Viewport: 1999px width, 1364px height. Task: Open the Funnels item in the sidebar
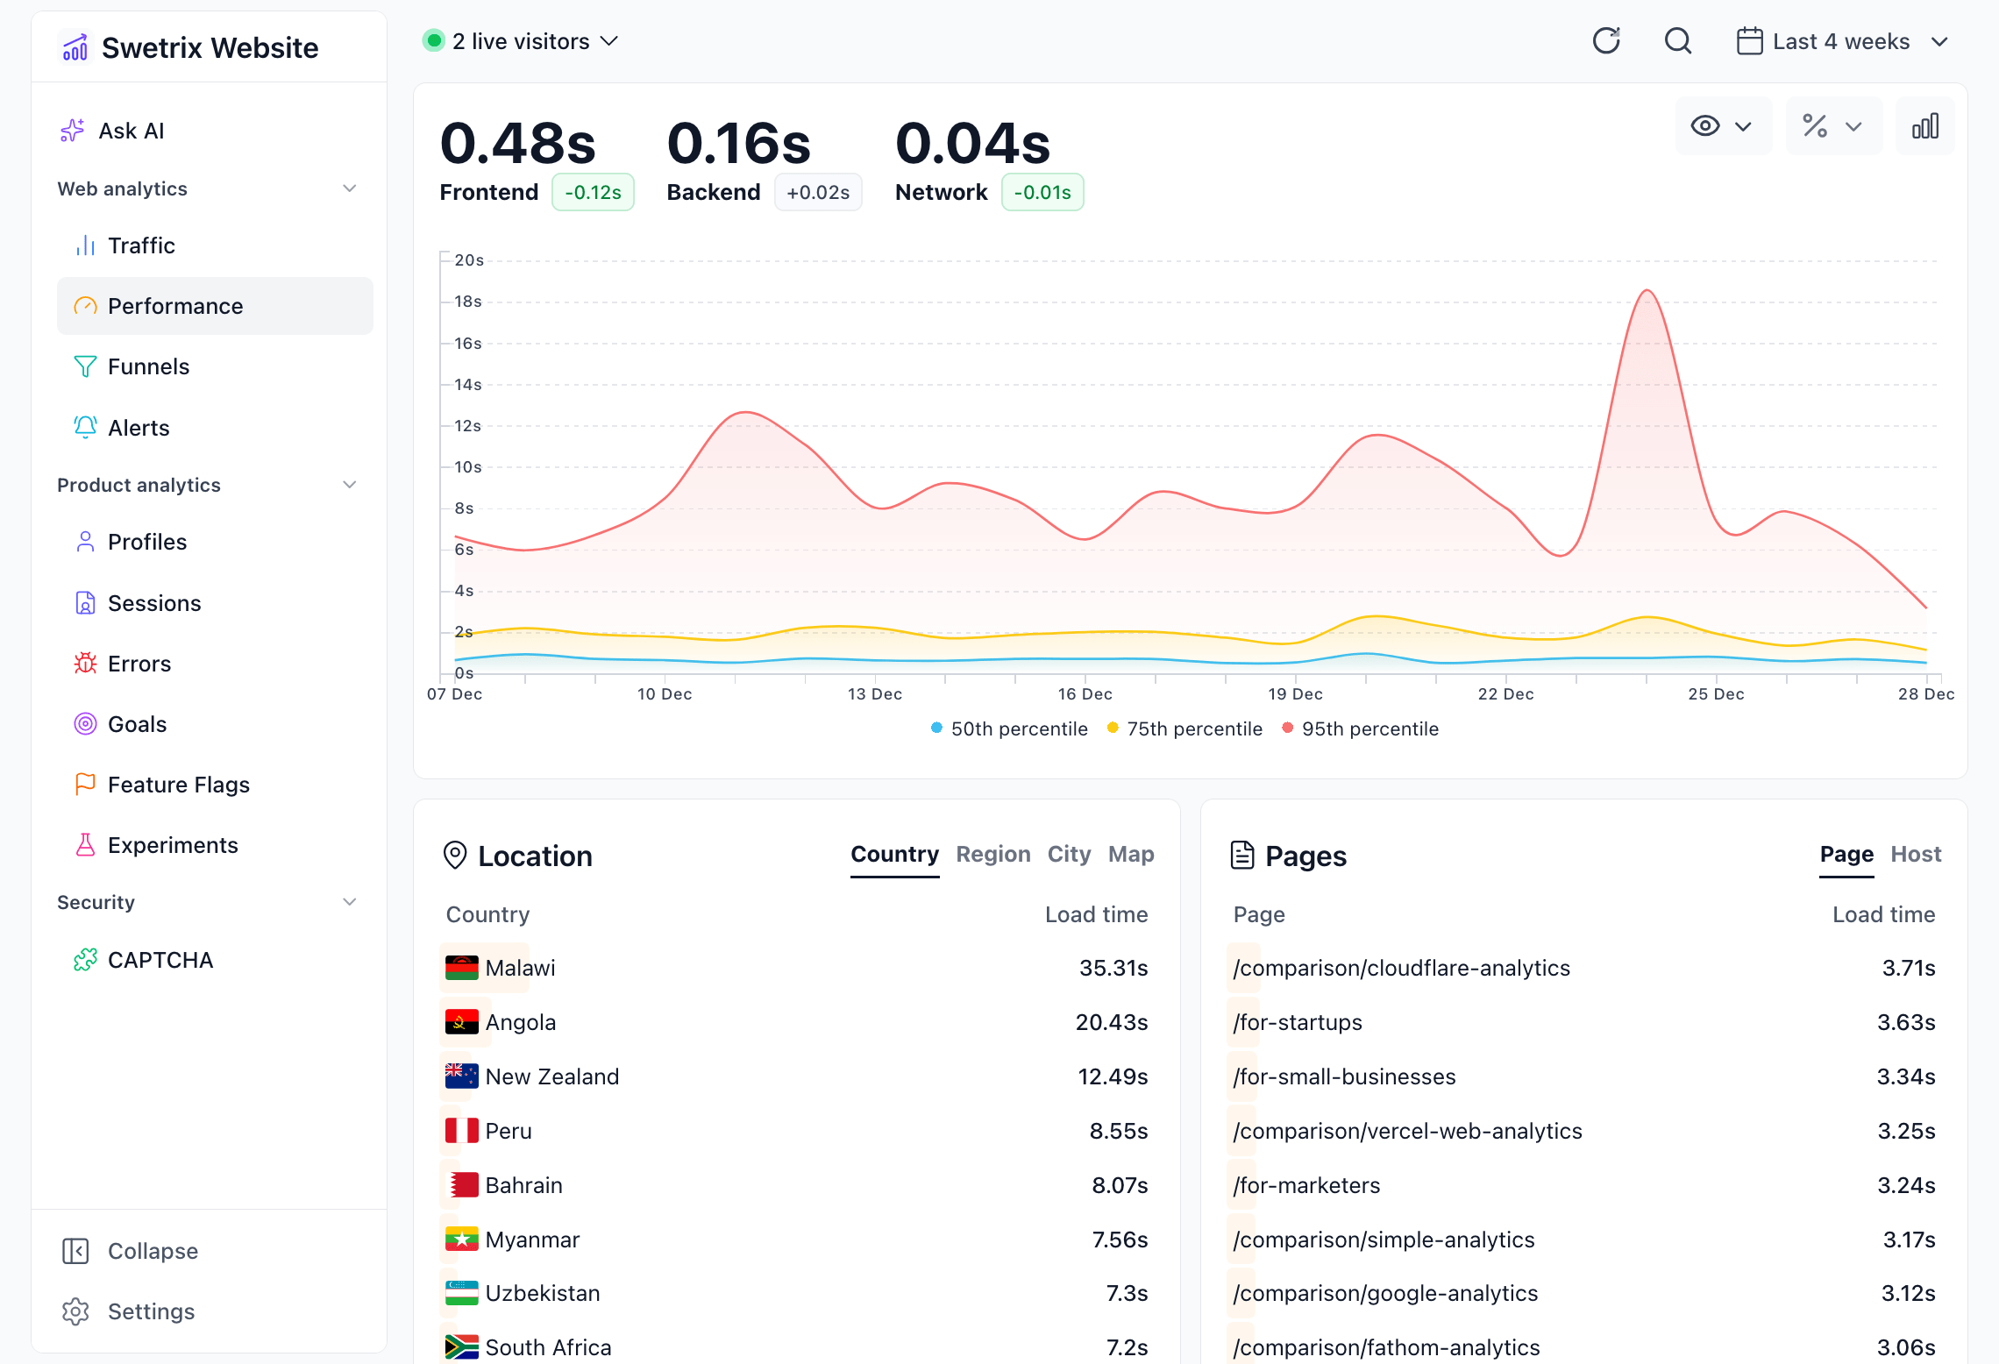click(x=147, y=366)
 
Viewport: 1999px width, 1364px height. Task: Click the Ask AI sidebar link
click(x=131, y=131)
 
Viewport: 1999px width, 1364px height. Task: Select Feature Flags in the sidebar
click(x=178, y=785)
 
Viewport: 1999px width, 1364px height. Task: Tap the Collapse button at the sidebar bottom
click(x=152, y=1251)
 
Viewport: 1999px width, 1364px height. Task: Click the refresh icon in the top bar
click(x=1606, y=41)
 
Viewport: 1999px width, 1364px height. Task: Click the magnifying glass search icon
click(x=1677, y=41)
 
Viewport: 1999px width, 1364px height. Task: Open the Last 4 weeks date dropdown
click(x=1841, y=41)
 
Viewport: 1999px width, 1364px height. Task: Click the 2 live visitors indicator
click(x=521, y=41)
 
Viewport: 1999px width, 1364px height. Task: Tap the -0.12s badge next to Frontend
click(x=593, y=192)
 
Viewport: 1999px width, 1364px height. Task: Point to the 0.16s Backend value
click(x=739, y=144)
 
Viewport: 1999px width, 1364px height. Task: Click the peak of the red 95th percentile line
click(x=1647, y=291)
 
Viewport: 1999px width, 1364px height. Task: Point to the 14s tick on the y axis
click(x=468, y=385)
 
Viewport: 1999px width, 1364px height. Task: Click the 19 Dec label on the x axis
click(x=1295, y=694)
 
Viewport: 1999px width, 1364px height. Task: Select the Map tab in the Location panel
click(x=1130, y=854)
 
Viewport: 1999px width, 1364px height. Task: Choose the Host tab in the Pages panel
click(x=1916, y=854)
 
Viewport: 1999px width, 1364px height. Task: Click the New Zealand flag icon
click(x=461, y=1076)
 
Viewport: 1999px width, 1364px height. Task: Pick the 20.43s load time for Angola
click(x=1111, y=1022)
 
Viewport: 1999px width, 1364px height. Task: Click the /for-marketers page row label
click(x=1306, y=1185)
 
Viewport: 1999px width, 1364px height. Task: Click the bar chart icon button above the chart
click(x=1924, y=127)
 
